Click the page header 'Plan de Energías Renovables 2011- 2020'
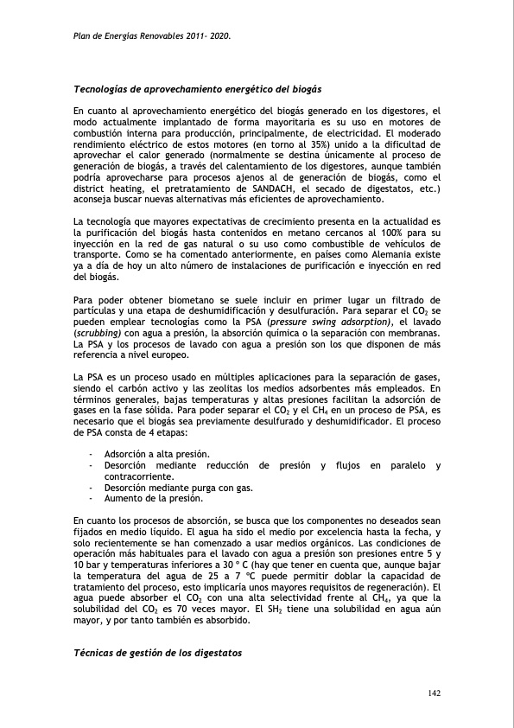(151, 38)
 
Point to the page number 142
(435, 694)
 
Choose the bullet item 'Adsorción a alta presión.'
(156, 455)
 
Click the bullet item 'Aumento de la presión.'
(153, 499)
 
